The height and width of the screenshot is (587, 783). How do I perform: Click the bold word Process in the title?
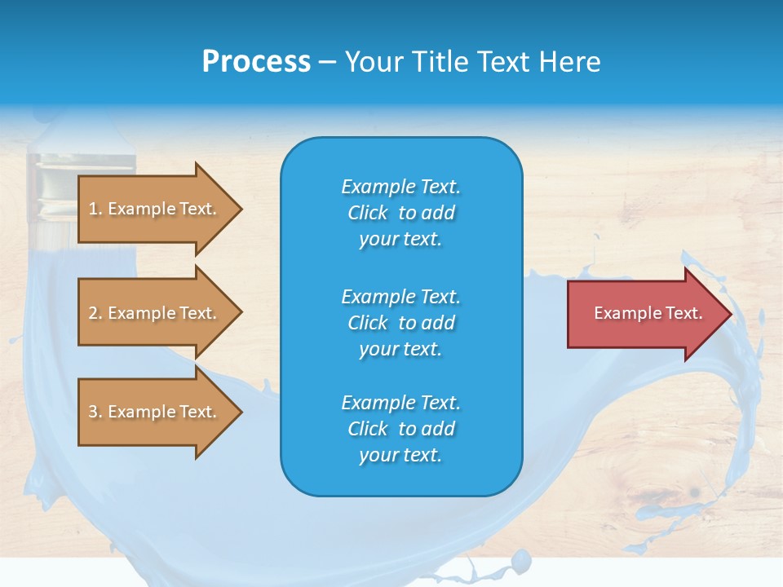[256, 62]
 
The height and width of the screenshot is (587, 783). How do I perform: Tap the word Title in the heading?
[440, 62]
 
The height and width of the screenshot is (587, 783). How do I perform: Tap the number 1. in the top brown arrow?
[95, 209]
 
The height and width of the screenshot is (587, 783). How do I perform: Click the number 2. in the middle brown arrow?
[95, 313]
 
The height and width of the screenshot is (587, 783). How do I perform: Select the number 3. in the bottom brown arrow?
[95, 412]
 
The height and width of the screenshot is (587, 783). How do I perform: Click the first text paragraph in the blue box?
[400, 213]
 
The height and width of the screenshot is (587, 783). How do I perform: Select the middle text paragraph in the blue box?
[400, 322]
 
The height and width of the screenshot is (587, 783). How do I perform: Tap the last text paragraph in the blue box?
[400, 429]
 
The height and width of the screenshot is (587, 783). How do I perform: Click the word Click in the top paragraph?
[368, 213]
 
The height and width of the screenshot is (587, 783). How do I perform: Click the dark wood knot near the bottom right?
[694, 492]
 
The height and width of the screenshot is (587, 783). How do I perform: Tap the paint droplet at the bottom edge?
[518, 560]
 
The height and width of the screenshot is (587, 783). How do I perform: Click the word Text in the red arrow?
[684, 313]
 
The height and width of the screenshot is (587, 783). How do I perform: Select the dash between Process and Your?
[327, 62]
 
